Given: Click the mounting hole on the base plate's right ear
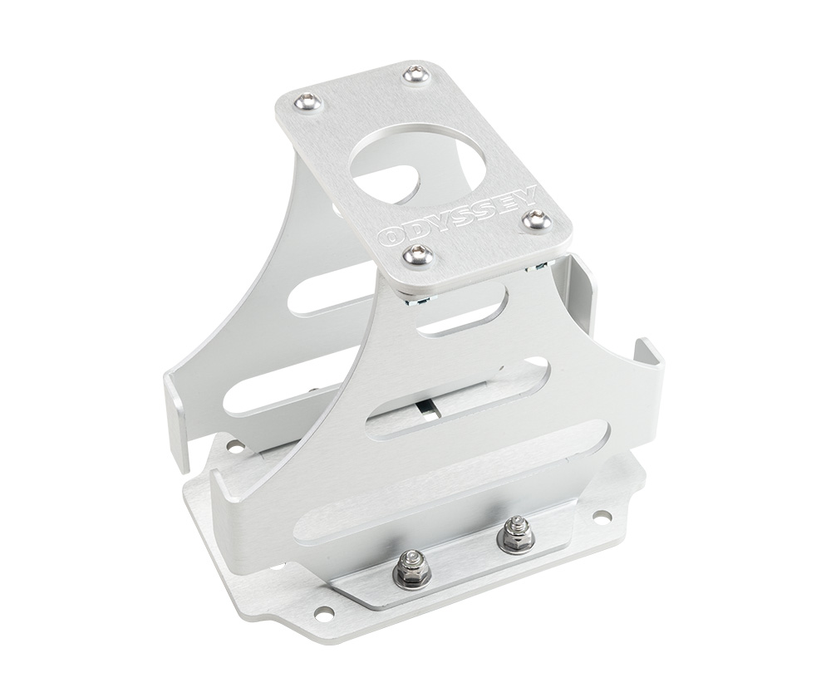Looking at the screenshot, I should tap(601, 517).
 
